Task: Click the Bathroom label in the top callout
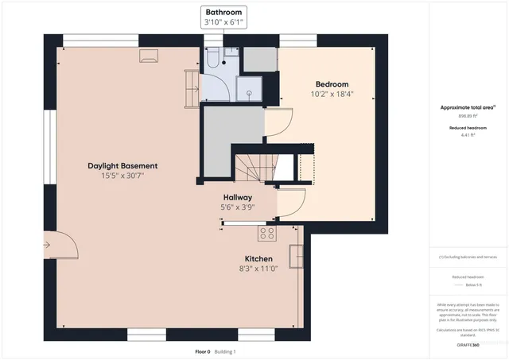[223, 13]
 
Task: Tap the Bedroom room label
[332, 83]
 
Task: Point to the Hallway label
[237, 197]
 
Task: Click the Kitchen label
[258, 259]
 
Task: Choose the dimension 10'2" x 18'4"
[332, 94]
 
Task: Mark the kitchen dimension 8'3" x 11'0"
[258, 269]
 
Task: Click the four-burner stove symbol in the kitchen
[266, 233]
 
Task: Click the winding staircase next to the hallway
[254, 168]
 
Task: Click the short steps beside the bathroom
[191, 87]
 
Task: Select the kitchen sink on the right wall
[295, 257]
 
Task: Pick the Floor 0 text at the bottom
[203, 351]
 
